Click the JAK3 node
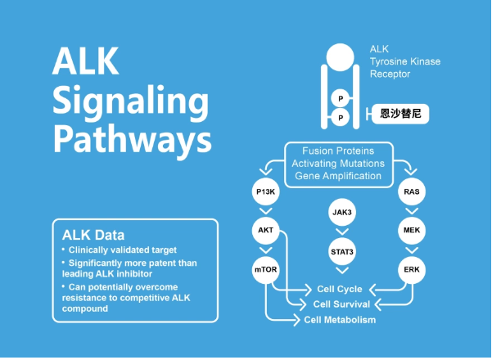[x=342, y=212]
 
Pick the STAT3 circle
[x=342, y=250]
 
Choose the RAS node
[x=412, y=192]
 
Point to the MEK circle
[x=412, y=231]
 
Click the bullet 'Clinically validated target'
[x=124, y=249]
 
